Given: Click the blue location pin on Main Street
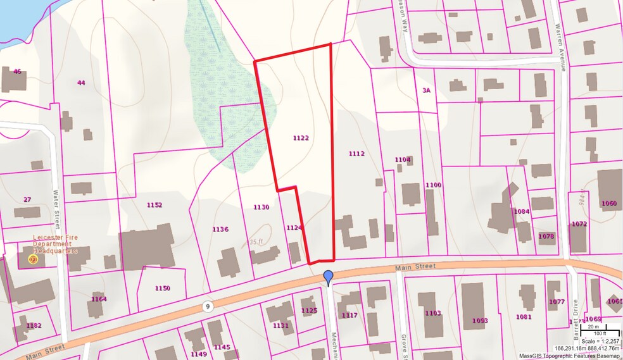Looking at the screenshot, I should (328, 277).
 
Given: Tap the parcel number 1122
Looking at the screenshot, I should (301, 137).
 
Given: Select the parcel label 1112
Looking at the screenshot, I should (356, 154).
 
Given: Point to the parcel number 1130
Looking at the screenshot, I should (261, 207).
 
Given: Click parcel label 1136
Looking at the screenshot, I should (220, 229).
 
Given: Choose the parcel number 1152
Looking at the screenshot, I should (154, 205).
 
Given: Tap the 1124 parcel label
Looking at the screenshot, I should (294, 227).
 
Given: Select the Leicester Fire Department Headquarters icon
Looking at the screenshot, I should (34, 259).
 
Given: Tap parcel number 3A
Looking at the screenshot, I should (427, 91).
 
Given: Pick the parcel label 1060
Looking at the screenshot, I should (608, 203).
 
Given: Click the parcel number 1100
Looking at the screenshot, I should (433, 185).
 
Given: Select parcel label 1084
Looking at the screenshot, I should (522, 211).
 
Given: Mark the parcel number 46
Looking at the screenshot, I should (17, 71).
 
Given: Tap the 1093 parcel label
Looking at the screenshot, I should (480, 321).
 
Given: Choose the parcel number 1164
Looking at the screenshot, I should (99, 299).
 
